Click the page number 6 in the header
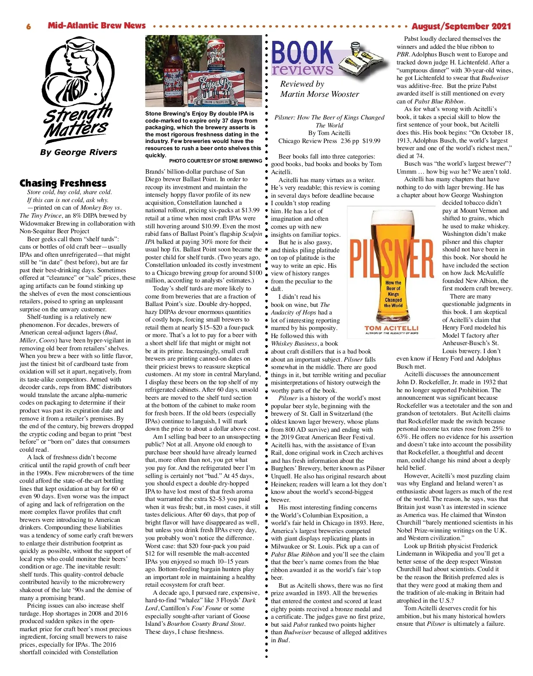(x=28, y=27)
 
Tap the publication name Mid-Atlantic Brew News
(x=96, y=26)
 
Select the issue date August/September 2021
(x=461, y=26)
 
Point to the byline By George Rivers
(x=78, y=152)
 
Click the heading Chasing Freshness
(x=63, y=183)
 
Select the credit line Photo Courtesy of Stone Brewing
(x=215, y=161)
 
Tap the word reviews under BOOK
(x=302, y=70)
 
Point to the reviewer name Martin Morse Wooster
(x=319, y=94)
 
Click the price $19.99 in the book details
(x=371, y=141)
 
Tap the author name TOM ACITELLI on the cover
(x=391, y=328)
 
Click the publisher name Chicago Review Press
(x=307, y=141)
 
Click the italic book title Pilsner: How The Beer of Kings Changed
(x=329, y=118)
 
